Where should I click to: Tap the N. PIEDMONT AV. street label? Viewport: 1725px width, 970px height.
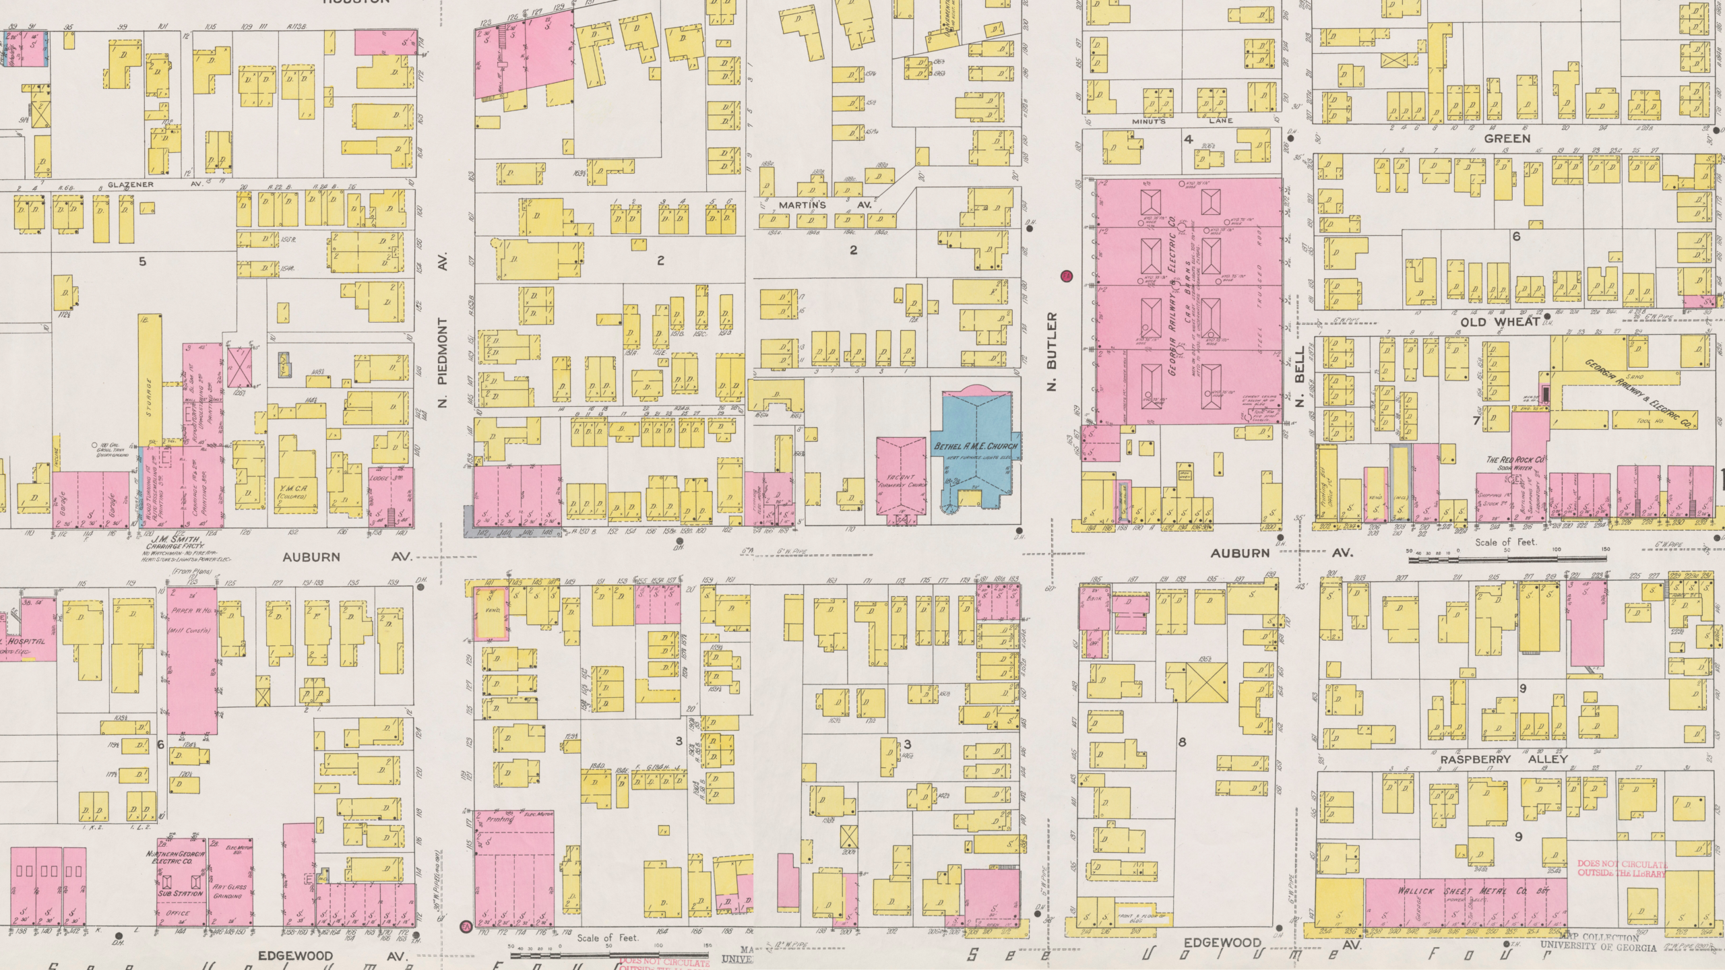(x=443, y=335)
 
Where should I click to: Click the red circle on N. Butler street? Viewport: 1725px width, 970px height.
(x=1066, y=276)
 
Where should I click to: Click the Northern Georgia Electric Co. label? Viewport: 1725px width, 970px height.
(x=179, y=876)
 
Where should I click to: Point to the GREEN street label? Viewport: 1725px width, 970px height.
(x=1507, y=139)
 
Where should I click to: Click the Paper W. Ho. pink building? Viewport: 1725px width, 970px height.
(x=192, y=660)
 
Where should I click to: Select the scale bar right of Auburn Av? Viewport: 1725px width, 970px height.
(x=1506, y=558)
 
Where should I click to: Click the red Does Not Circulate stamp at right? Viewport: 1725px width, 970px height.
(x=1621, y=887)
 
